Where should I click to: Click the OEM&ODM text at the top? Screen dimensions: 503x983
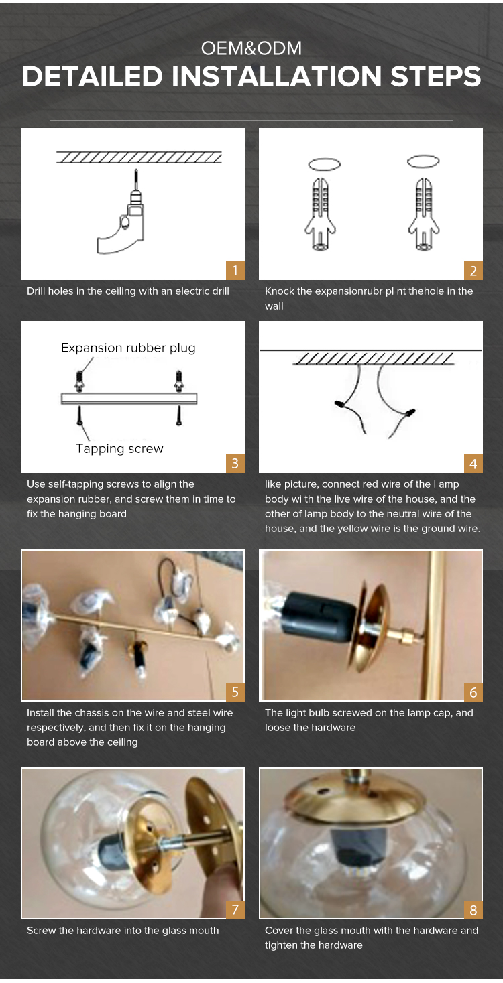(251, 48)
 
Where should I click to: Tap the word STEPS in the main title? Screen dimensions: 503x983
(435, 76)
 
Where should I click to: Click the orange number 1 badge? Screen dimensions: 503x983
(235, 270)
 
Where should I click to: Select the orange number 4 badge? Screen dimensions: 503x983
(473, 464)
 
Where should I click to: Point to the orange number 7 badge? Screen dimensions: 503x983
(235, 910)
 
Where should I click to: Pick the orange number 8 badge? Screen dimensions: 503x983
(473, 910)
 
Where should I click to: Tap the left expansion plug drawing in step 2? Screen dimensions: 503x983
(321, 214)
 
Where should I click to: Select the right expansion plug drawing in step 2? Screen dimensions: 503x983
(423, 214)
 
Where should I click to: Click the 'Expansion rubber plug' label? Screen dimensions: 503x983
(128, 348)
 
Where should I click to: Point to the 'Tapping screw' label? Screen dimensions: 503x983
(119, 448)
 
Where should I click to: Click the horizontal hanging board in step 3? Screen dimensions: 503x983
(129, 399)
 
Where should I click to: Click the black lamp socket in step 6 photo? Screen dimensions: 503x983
(319, 614)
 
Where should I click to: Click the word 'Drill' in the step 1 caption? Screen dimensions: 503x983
(36, 291)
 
